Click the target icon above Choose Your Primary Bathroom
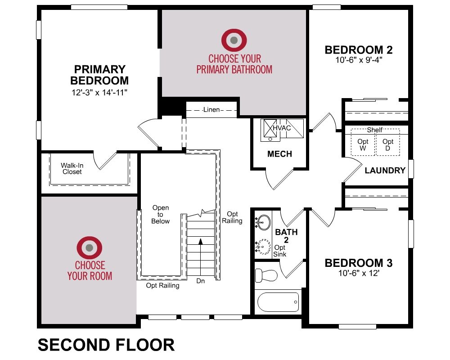click(234, 40)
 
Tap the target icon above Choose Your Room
click(89, 247)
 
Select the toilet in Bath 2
click(266, 275)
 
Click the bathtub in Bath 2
click(278, 302)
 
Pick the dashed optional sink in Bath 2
click(263, 247)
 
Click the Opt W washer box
click(363, 142)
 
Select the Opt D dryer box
click(388, 142)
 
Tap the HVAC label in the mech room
click(282, 128)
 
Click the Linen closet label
click(211, 110)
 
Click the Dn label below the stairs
click(201, 281)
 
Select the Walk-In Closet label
click(72, 168)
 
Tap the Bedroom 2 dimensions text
click(359, 60)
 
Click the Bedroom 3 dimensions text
click(359, 273)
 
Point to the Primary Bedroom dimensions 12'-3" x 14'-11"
click(99, 92)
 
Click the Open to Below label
click(161, 215)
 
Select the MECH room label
click(280, 154)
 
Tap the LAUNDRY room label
click(385, 171)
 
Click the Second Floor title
click(106, 345)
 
